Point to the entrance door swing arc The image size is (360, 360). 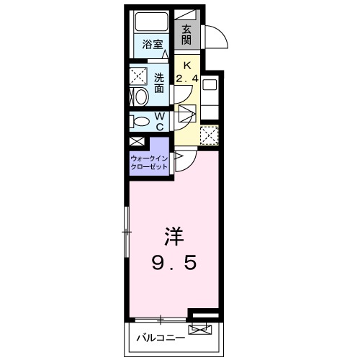coord(217,36)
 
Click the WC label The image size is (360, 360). coord(160,121)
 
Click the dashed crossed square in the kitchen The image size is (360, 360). coord(208,135)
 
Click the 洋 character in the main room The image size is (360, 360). coord(172,235)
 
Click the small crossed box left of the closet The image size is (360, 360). coord(137,143)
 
